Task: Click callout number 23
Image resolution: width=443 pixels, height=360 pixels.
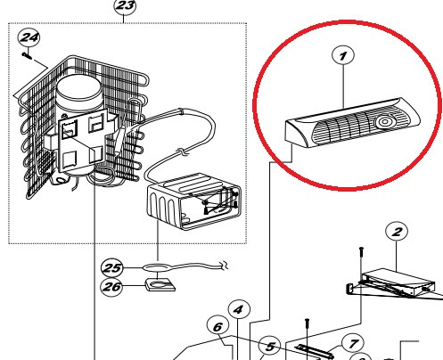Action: pos(125,5)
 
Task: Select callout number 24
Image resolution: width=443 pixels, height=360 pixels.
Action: pos(29,37)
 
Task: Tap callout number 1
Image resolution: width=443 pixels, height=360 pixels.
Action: pos(343,55)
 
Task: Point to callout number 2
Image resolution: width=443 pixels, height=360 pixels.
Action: pos(397,232)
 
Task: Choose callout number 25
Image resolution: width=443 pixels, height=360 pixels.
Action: pos(111,268)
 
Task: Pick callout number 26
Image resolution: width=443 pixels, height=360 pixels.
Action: pos(111,287)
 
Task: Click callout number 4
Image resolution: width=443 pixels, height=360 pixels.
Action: pos(239,310)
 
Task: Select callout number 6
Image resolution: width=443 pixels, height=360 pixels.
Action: pos(217,326)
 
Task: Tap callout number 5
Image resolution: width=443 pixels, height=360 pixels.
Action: pos(269,347)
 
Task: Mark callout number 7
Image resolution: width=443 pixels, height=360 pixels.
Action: pos(353,344)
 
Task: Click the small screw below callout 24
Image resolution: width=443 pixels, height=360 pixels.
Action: pos(27,55)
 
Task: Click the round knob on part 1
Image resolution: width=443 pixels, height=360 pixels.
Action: pos(384,121)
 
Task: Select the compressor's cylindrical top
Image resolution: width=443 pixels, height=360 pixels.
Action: pos(79,89)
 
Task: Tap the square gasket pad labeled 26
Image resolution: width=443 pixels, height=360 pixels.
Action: pos(160,284)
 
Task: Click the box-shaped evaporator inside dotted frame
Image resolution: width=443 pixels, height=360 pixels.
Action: pos(193,201)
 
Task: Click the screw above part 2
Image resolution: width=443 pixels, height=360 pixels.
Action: pos(361,253)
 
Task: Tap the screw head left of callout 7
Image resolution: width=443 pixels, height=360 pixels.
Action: pos(308,323)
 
